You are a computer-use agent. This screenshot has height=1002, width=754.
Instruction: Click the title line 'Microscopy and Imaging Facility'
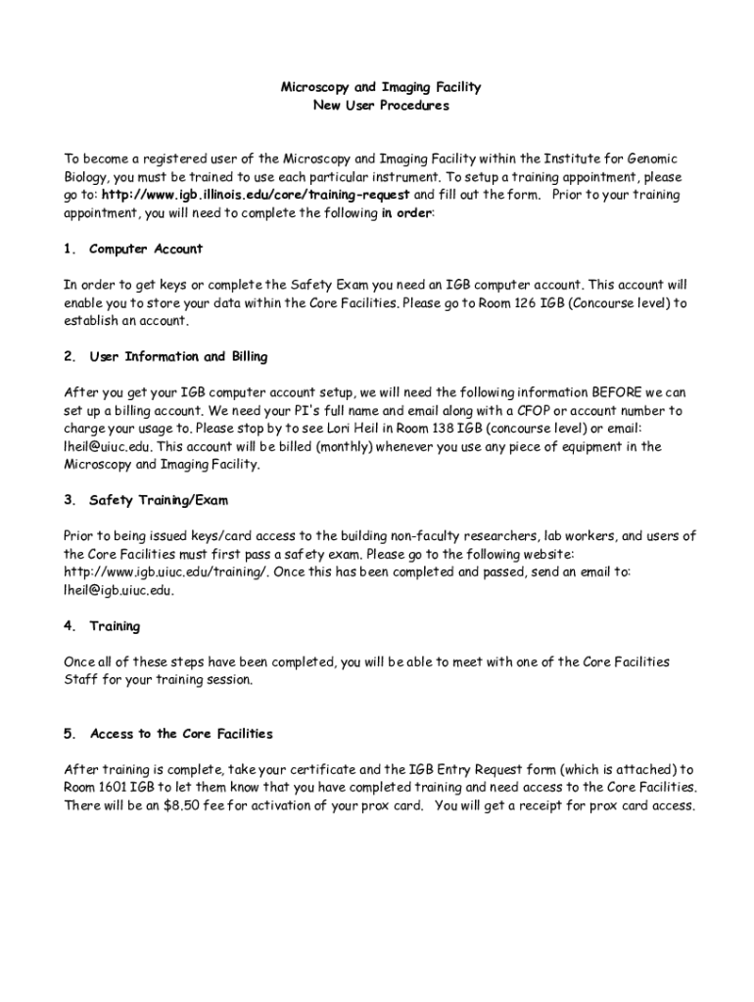point(381,87)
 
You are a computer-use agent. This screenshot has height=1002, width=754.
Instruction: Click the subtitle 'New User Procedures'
point(381,106)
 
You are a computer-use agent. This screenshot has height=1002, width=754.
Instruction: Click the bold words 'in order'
point(406,212)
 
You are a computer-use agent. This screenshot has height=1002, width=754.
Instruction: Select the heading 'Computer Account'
point(146,249)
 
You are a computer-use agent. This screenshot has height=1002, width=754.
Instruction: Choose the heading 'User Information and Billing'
point(178,356)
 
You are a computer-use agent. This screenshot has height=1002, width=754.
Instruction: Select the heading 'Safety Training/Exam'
point(159,500)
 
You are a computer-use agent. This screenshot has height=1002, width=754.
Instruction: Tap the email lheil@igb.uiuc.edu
point(118,590)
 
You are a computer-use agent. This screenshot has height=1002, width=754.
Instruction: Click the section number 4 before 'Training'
point(69,625)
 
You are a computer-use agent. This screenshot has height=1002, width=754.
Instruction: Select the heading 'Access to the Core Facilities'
point(181,733)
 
